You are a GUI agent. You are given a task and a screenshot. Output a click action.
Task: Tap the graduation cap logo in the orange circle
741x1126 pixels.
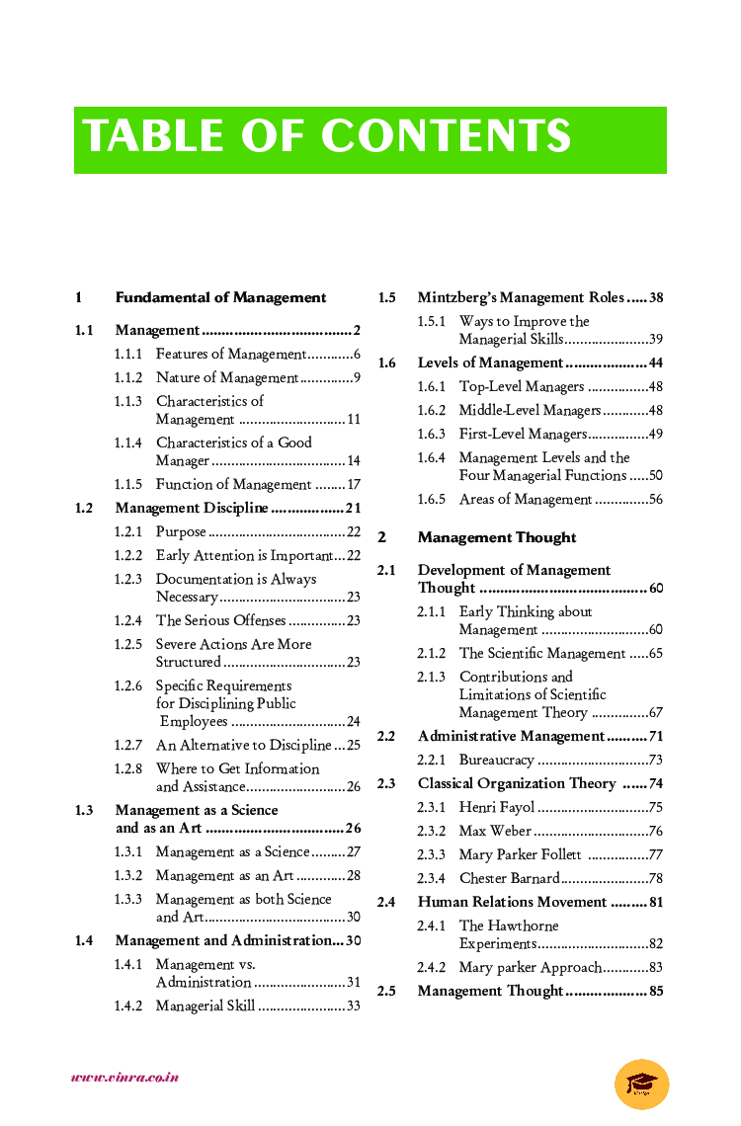point(641,1084)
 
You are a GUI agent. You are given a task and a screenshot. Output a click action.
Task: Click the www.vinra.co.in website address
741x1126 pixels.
point(124,1078)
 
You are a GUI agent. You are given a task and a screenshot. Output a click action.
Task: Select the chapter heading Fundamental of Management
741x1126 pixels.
point(220,297)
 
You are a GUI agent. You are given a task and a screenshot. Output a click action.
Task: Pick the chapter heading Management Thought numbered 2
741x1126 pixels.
point(496,537)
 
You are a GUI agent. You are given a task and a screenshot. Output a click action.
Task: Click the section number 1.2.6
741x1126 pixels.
point(127,685)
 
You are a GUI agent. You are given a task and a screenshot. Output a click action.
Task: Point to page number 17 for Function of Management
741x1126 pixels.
point(353,485)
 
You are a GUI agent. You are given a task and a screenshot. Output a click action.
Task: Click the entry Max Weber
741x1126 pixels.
point(495,831)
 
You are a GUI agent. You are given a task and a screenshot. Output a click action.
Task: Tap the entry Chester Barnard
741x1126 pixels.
point(509,878)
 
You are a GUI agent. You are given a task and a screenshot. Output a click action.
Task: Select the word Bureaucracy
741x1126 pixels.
point(496,760)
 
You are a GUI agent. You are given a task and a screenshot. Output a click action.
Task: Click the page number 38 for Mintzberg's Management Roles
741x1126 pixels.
point(656,297)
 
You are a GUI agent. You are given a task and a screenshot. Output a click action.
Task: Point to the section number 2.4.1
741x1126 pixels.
point(431,925)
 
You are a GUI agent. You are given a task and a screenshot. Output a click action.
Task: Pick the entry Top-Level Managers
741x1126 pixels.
point(522,386)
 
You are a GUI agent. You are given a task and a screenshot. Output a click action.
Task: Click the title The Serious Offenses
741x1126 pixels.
point(220,620)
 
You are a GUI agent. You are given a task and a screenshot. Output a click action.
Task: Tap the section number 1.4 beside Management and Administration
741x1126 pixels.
point(84,940)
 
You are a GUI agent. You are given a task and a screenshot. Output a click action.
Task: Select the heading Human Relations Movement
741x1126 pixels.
point(512,902)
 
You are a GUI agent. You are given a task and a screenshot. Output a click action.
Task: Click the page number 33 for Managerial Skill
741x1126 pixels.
point(353,1006)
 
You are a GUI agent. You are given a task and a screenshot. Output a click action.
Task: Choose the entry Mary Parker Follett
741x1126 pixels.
point(520,854)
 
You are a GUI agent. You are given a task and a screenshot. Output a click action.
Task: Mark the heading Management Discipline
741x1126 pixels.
point(191,509)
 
